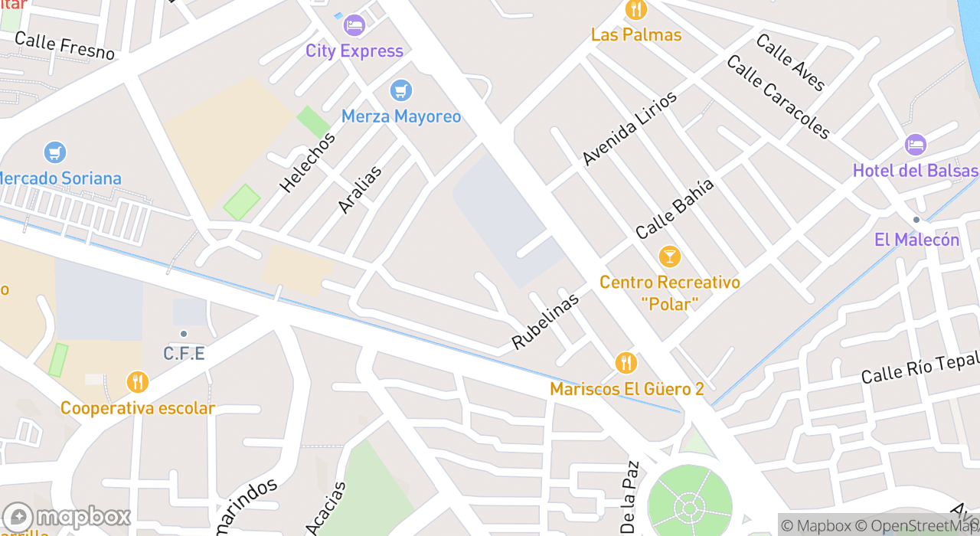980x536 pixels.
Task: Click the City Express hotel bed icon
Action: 354,25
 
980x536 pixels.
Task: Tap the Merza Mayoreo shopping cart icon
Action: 400,90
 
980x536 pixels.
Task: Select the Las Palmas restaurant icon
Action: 635,10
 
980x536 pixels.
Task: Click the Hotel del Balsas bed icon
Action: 915,145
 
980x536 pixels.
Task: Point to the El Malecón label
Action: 916,240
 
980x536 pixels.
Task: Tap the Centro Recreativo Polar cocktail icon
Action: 669,257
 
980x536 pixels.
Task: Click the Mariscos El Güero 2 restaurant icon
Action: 626,363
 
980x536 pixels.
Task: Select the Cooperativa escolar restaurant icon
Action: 137,382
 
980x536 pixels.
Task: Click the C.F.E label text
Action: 184,354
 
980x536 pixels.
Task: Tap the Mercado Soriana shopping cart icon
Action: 54,152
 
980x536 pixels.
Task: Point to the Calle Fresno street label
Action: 64,46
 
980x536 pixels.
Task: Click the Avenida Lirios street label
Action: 629,128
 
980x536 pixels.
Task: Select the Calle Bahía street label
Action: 675,208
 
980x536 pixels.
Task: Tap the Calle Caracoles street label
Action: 778,97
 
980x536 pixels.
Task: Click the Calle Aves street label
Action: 790,62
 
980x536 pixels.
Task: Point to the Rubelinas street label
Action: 545,321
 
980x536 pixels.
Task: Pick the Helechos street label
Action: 307,162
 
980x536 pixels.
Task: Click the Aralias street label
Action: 359,189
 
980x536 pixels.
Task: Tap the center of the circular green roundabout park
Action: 689,506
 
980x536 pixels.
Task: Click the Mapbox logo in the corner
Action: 67,518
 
